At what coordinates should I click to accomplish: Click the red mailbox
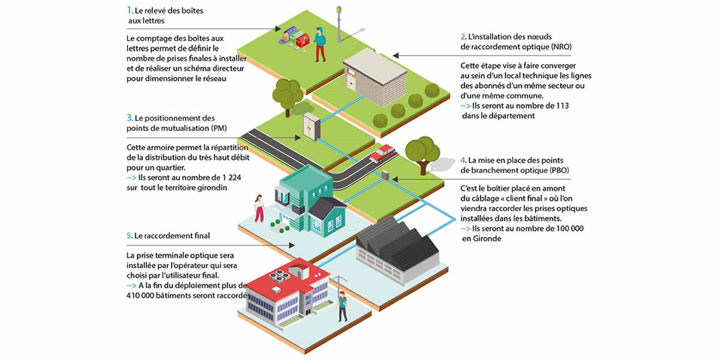302,41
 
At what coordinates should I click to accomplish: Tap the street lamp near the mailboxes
339,24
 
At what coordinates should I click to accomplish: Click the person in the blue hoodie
320,44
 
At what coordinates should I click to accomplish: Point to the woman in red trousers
259,208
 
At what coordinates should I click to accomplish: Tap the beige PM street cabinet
311,127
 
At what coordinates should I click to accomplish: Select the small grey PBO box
385,175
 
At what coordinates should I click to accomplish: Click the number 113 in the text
562,106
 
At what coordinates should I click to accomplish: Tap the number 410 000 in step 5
140,295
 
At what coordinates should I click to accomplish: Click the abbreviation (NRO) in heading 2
561,47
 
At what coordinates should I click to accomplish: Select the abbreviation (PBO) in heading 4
559,170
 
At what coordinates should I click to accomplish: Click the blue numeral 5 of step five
128,236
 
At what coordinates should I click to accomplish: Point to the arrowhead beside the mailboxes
278,29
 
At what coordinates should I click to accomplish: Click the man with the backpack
343,307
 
